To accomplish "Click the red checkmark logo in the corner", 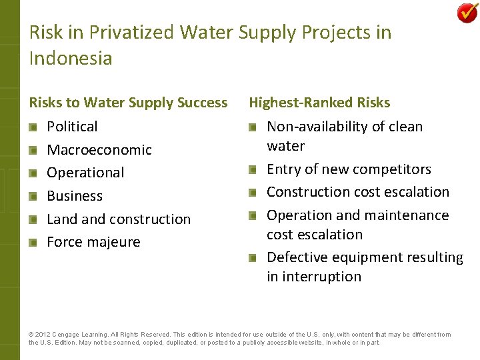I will point(467,13).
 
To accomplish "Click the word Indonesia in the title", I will point(71,59).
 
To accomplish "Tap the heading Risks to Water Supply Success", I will point(128,103).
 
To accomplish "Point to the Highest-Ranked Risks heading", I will point(319,103).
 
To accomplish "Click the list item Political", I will point(72,127).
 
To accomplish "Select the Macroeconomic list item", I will point(99,150).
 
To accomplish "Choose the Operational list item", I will point(85,173).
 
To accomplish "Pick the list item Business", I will point(75,196).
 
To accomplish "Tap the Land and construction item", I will point(119,219).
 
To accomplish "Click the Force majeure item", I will point(93,242).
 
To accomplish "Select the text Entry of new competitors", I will point(349,169).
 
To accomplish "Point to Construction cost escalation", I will point(358,192).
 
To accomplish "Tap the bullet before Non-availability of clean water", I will point(253,127).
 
